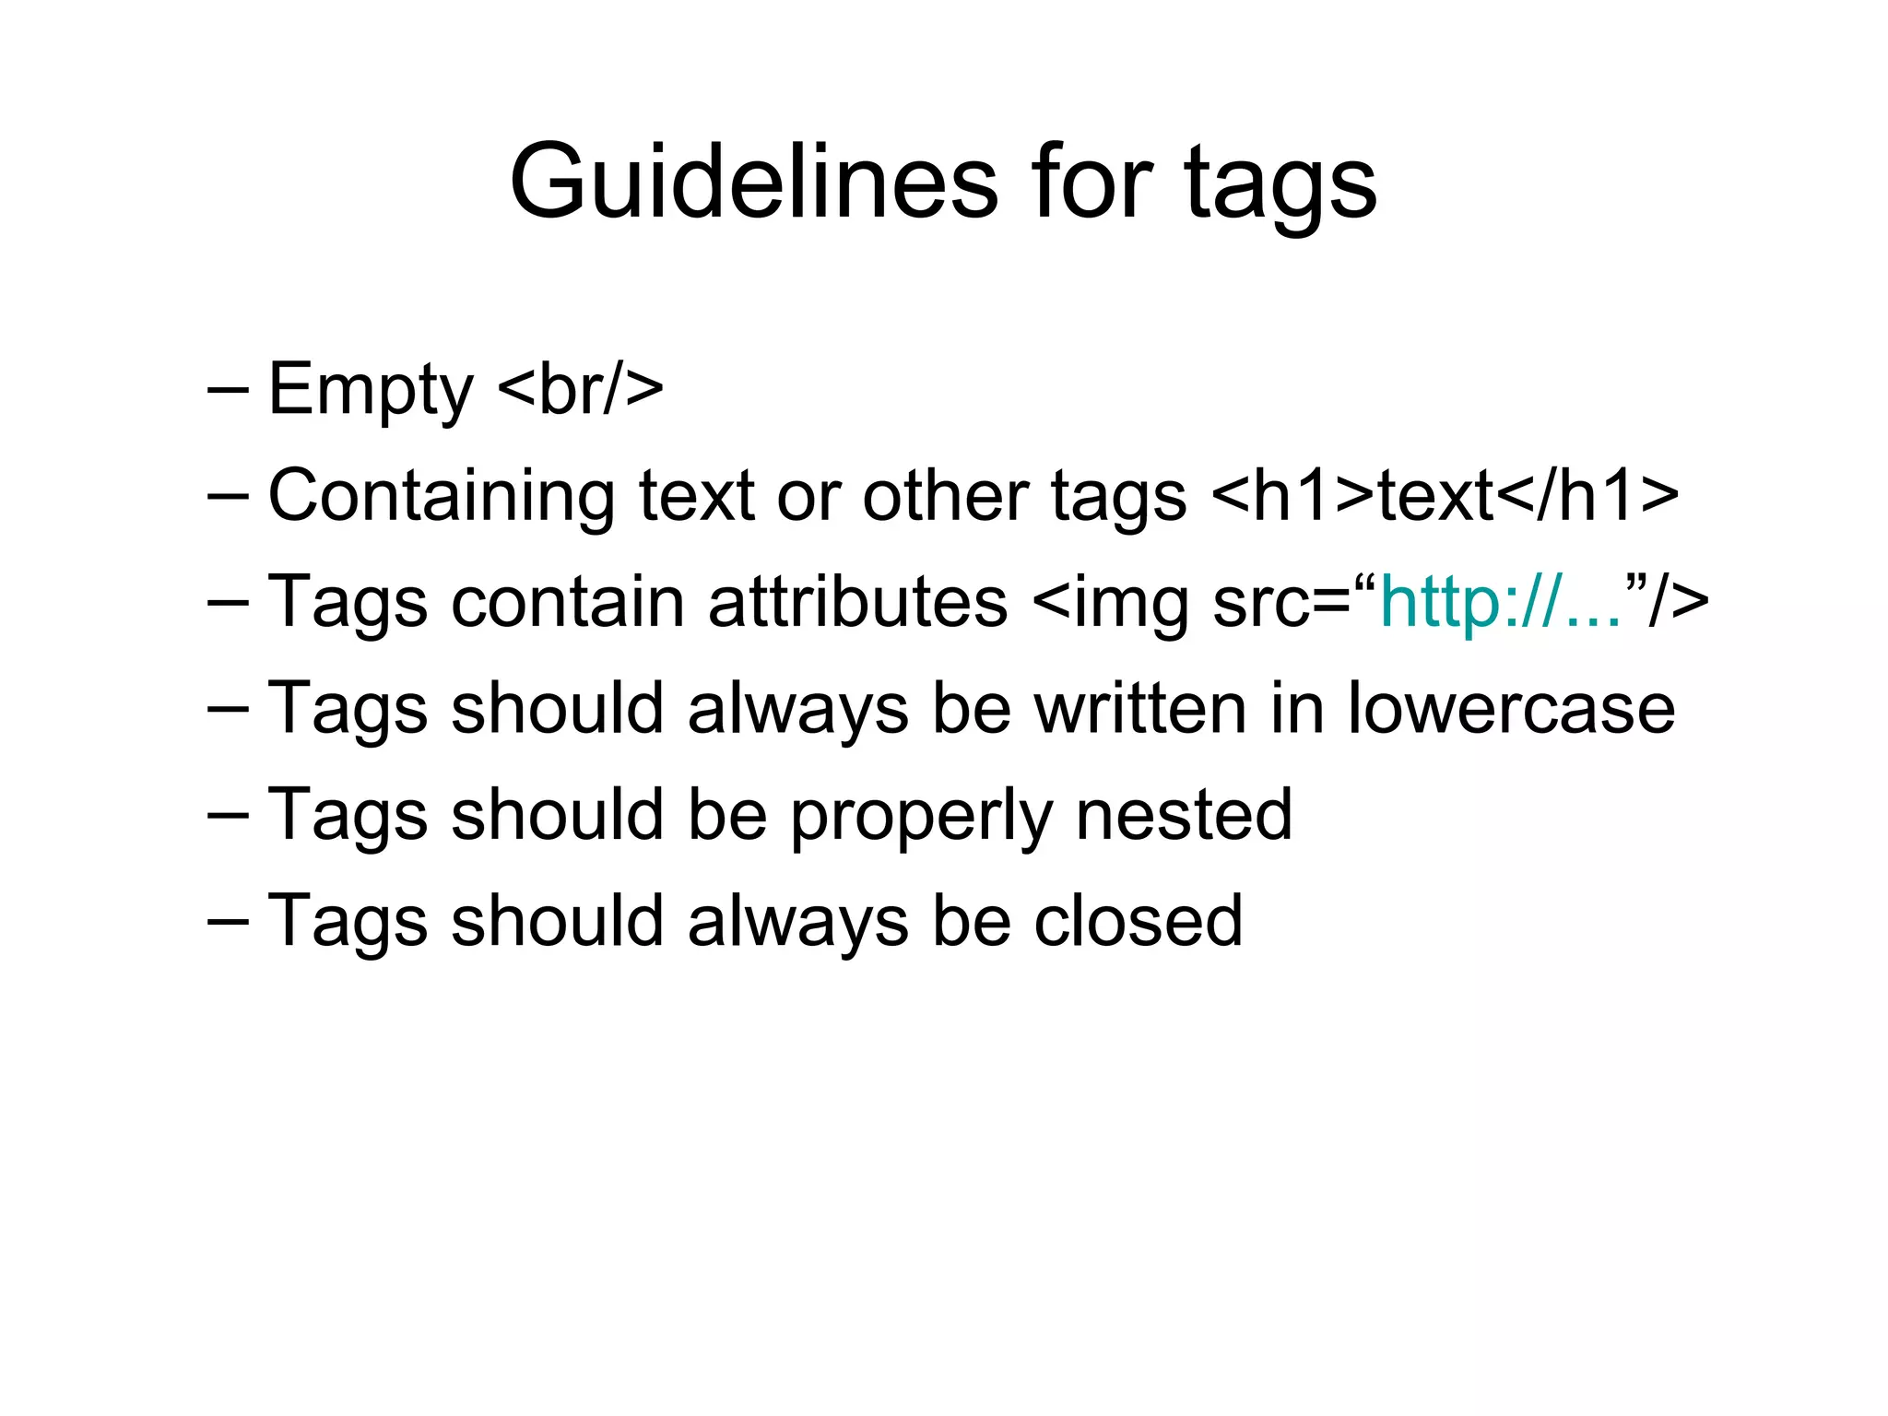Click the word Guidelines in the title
tap(753, 182)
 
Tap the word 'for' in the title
tap(1091, 182)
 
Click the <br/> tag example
tap(581, 389)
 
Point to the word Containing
tap(441, 497)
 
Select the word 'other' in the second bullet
tap(945, 495)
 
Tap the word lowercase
tap(1511, 708)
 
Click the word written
tap(1140, 708)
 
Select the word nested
tap(1184, 814)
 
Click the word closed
tap(1138, 920)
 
